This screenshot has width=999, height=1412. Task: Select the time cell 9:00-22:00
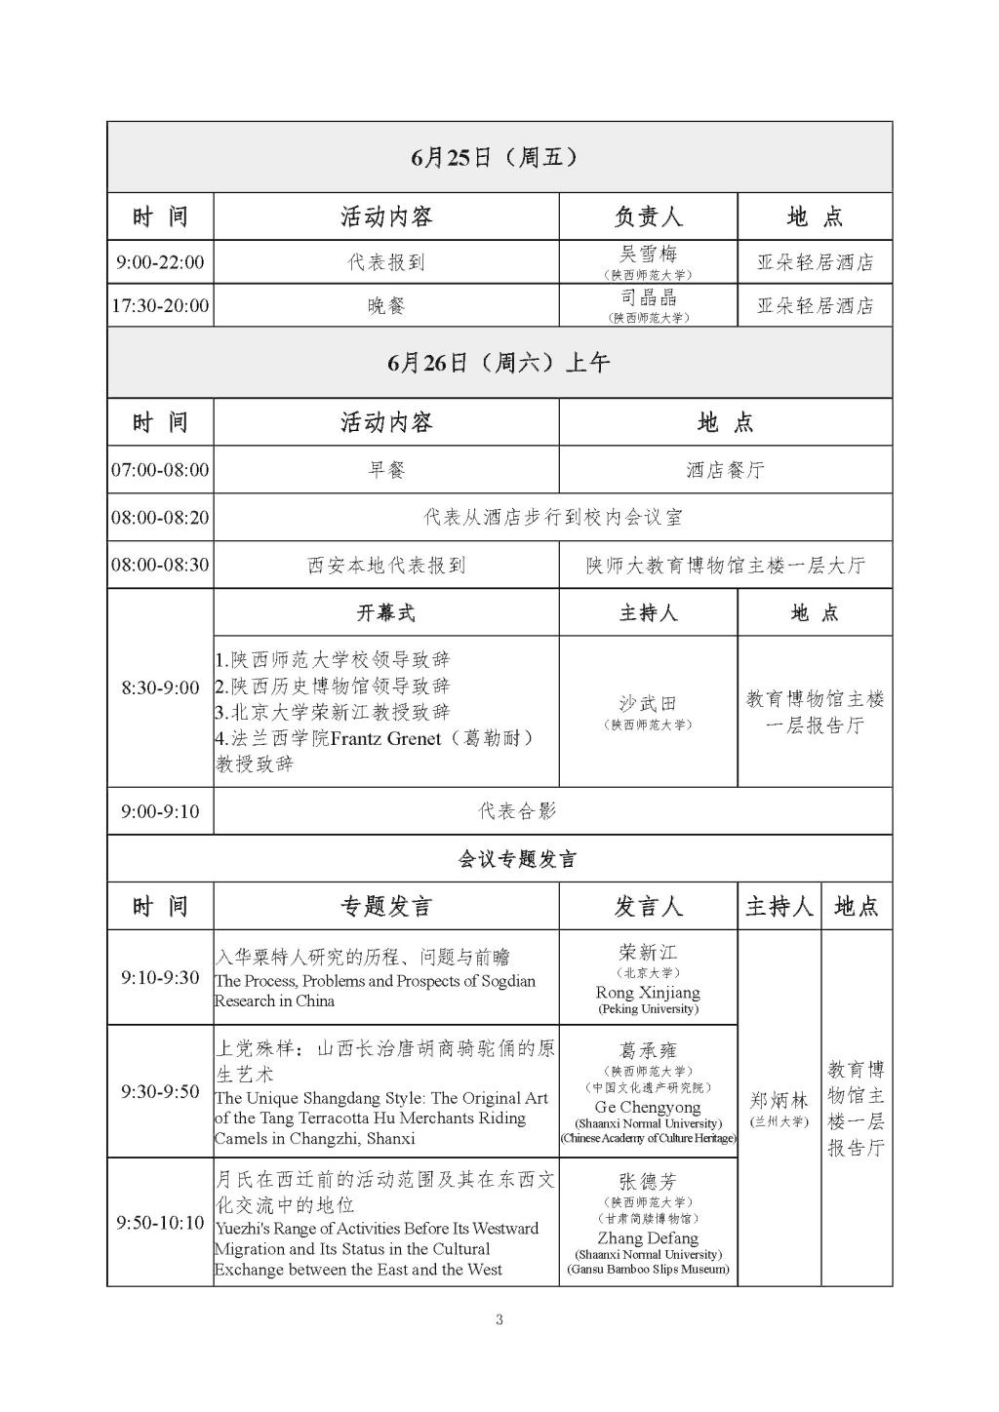160,262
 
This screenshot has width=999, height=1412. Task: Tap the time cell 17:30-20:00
160,305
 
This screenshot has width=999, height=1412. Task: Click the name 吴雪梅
648,255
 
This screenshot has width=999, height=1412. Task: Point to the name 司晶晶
648,297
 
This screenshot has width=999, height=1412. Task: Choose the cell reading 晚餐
385,305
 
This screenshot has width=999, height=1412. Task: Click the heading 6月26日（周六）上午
499,363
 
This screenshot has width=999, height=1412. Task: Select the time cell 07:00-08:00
160,470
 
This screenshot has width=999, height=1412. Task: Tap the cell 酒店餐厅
725,470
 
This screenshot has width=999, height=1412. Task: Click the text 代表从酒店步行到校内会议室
552,517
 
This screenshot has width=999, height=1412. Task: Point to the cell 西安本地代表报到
385,565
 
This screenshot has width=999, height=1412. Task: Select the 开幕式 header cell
385,612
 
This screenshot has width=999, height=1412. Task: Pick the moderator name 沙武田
648,703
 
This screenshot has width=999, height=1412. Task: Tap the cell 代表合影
517,811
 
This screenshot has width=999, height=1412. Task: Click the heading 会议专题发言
517,859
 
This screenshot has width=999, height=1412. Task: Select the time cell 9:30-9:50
160,1091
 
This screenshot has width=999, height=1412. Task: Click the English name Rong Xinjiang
648,992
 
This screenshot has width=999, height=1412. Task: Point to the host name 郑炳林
779,1101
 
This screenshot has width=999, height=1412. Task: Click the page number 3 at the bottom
499,1320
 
